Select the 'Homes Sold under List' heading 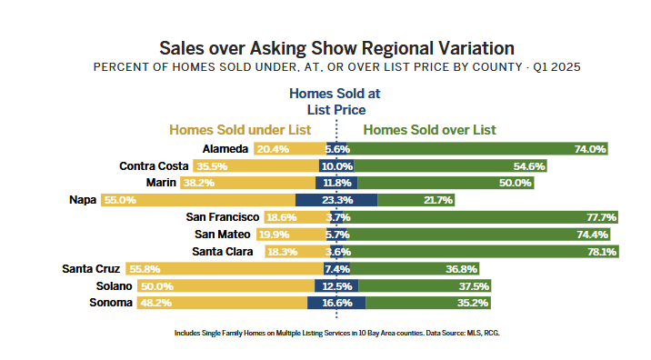pyautogui.click(x=240, y=130)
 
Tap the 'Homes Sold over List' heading pyautogui.click(x=430, y=130)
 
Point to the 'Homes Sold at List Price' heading pyautogui.click(x=334, y=101)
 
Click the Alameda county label pyautogui.click(x=225, y=148)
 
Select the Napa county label pyautogui.click(x=84, y=200)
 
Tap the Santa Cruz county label pyautogui.click(x=92, y=268)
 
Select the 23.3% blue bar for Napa pyautogui.click(x=336, y=200)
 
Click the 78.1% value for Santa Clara pyautogui.click(x=603, y=252)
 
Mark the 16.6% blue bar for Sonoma pyautogui.click(x=336, y=303)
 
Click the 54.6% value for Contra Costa pyautogui.click(x=528, y=166)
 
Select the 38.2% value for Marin pyautogui.click(x=198, y=183)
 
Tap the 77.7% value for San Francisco pyautogui.click(x=602, y=217)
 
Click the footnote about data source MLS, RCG pyautogui.click(x=336, y=334)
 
